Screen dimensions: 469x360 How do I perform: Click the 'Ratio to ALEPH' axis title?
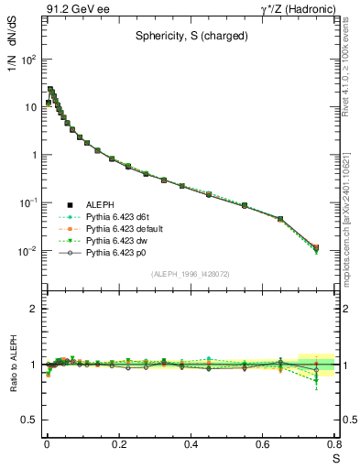[x=16, y=364]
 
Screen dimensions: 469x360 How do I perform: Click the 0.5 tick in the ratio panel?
[x=29, y=420]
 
